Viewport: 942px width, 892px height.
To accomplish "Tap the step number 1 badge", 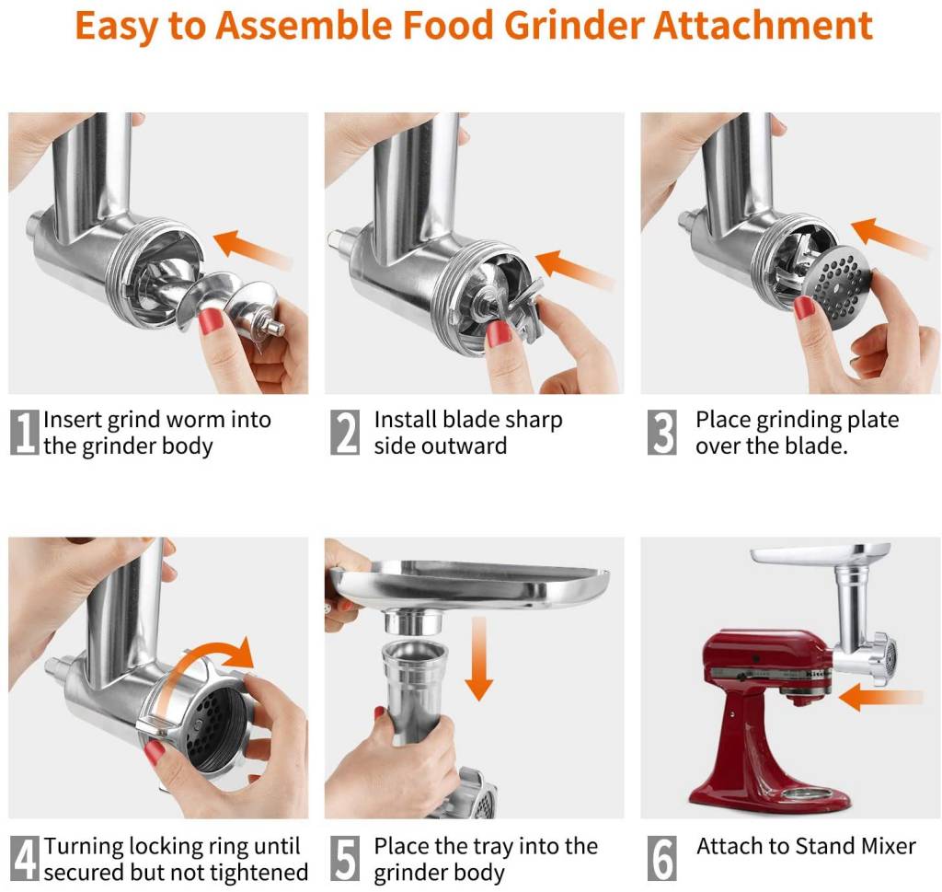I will [24, 433].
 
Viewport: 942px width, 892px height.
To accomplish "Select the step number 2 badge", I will [345, 433].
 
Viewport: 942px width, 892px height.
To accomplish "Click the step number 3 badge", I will [662, 433].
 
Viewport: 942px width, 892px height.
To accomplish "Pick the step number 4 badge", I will [24, 858].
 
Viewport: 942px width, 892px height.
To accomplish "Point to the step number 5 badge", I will [345, 858].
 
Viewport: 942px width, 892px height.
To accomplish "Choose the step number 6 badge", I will [662, 858].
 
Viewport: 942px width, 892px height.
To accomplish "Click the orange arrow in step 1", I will [249, 247].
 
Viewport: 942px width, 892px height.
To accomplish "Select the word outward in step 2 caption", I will [440, 446].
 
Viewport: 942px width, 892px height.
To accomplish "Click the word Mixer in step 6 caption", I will [884, 846].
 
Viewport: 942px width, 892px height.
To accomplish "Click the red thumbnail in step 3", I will [804, 307].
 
